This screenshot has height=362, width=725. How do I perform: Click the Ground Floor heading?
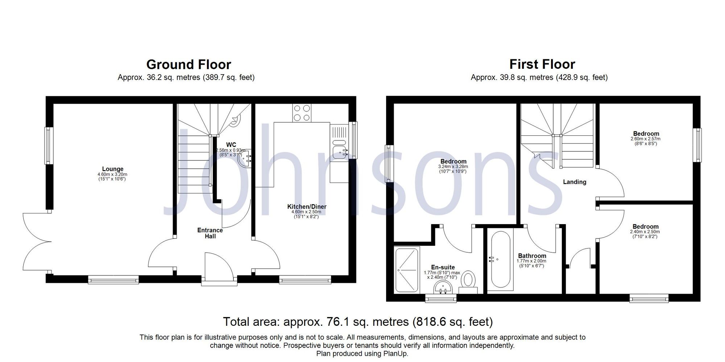[x=188, y=65]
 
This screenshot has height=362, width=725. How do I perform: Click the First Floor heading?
[x=542, y=64]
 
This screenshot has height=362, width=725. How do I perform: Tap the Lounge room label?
[x=113, y=169]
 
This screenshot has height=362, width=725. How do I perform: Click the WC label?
[x=231, y=145]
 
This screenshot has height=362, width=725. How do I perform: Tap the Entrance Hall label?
[x=210, y=233]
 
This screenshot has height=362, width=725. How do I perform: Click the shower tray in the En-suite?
[x=407, y=269]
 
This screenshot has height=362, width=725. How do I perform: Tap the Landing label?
[x=574, y=182]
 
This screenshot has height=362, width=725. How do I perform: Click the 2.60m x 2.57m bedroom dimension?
[x=646, y=139]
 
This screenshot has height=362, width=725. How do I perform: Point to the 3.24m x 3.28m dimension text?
[x=453, y=167]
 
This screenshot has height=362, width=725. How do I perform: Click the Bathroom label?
[x=532, y=256]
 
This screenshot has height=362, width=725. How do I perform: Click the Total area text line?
[x=357, y=321]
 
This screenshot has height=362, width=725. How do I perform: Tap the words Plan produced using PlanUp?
[x=362, y=354]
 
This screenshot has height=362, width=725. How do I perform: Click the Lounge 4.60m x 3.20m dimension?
[x=112, y=174]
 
